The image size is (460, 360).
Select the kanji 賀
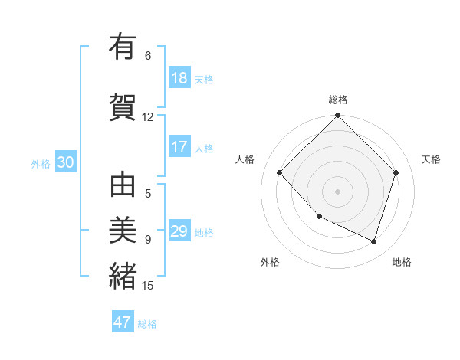(123, 105)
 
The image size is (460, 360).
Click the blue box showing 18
(179, 78)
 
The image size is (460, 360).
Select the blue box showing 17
(179, 147)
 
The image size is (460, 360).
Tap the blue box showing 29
(179, 231)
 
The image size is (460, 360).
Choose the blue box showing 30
(65, 162)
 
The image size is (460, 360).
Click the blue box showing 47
(123, 322)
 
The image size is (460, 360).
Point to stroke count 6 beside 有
(148, 56)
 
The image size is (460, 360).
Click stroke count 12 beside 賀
(148, 116)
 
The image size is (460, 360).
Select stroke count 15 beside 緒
(148, 286)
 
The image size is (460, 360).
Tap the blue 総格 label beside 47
(147, 324)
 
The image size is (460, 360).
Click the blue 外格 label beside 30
(41, 164)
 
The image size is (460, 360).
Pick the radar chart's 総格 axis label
(338, 100)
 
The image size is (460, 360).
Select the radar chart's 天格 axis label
(431, 159)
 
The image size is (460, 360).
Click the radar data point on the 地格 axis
(373, 241)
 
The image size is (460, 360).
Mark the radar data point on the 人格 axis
(280, 172)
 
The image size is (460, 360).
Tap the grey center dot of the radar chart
(337, 191)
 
